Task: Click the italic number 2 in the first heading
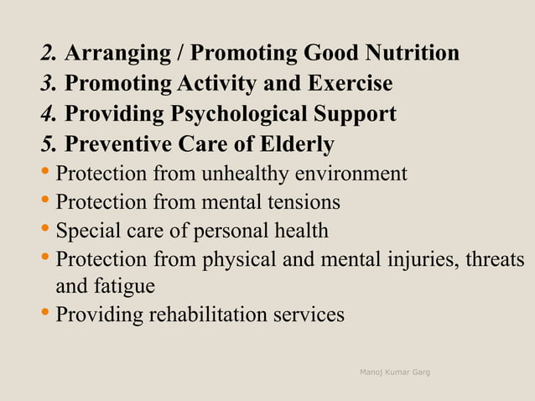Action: pos(47,55)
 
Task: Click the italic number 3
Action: pos(47,85)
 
